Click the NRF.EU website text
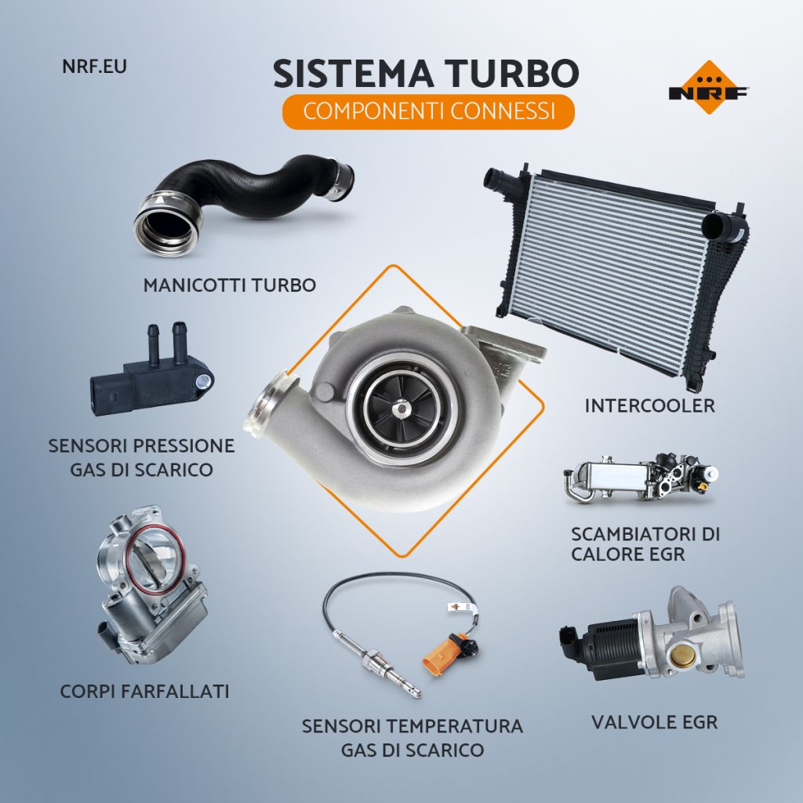click(x=94, y=67)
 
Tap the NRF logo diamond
click(x=709, y=87)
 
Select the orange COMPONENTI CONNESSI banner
click(x=429, y=111)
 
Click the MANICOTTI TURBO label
click(x=230, y=285)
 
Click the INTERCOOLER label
click(x=649, y=405)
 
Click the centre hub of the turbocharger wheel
click(x=402, y=408)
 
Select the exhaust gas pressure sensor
click(x=151, y=371)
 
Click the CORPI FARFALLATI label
click(x=144, y=692)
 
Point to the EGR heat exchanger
click(x=640, y=478)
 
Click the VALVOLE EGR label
click(x=655, y=722)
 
